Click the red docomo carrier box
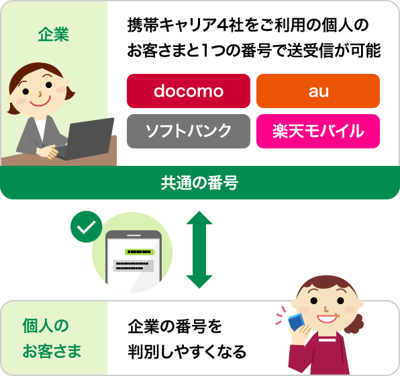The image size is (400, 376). [x=188, y=91]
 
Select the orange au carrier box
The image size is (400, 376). [x=317, y=91]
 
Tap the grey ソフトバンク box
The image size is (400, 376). [x=188, y=130]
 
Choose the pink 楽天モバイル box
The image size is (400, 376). [x=317, y=130]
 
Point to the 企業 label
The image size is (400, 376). [x=53, y=34]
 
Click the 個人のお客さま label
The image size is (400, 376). [x=53, y=338]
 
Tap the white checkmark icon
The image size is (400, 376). [x=85, y=228]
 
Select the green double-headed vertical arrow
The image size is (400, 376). [x=197, y=249]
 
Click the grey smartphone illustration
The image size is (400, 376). [x=134, y=262]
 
